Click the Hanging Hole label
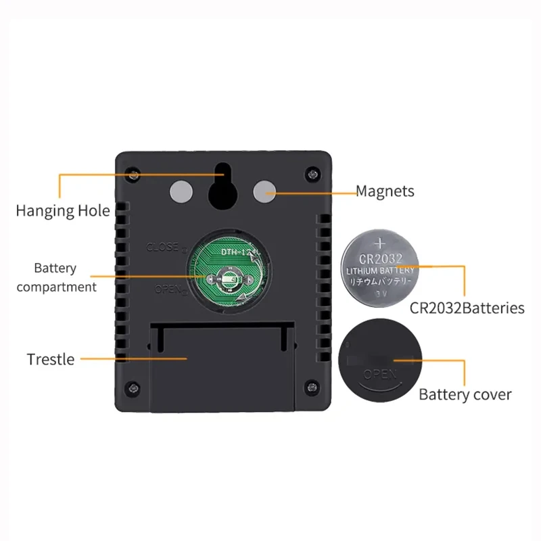pos(62,210)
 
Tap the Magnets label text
pos(385,191)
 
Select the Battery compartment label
pos(56,277)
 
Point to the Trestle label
pos(51,359)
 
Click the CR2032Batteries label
pos(467,308)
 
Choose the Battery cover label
pos(465,394)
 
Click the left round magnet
pos(181,193)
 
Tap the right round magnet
pos(264,193)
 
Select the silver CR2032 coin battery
pos(381,269)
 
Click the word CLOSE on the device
pos(162,247)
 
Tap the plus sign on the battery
pos(381,241)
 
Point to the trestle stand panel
pos(222,365)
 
